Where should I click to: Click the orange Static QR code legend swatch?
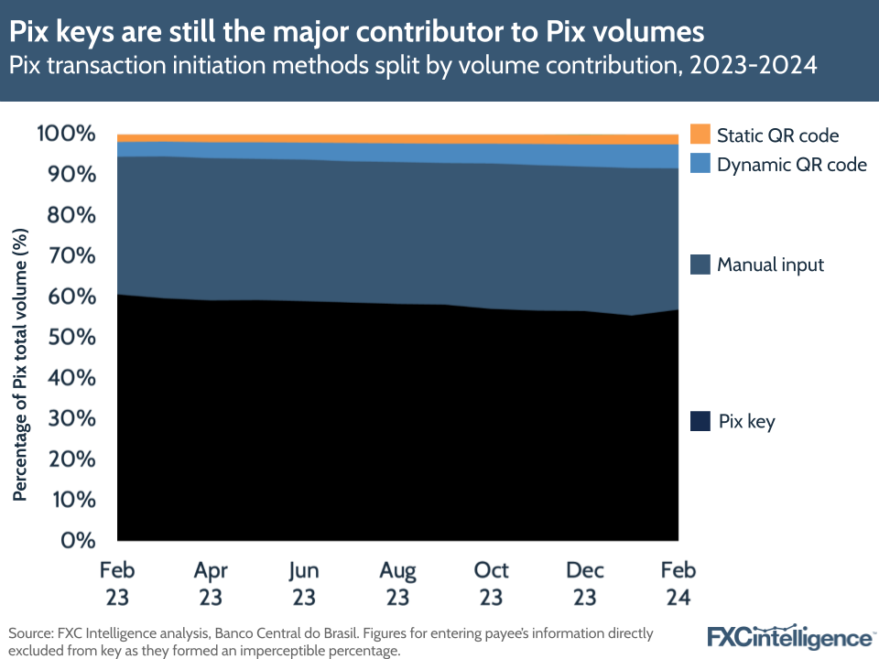tap(700, 135)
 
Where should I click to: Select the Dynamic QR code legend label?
tap(791, 166)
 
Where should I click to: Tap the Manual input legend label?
tap(770, 265)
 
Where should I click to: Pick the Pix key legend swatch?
tap(700, 422)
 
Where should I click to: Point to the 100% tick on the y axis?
tap(66, 135)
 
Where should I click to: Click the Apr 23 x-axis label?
tap(211, 583)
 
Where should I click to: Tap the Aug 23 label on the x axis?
tap(397, 583)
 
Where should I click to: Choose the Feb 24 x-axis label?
tap(677, 583)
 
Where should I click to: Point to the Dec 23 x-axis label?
tap(585, 583)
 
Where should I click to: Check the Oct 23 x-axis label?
tap(492, 583)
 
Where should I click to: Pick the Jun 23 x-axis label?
tap(304, 583)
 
